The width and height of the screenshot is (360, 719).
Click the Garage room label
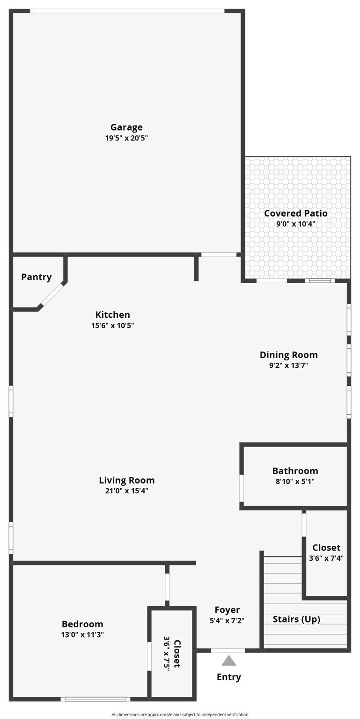126,127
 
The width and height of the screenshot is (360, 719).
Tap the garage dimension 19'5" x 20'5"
126,138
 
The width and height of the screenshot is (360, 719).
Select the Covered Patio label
295,213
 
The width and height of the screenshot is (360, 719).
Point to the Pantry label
37,277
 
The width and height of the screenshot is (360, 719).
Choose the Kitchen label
112,315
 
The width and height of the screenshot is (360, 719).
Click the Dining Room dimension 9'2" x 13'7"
288,366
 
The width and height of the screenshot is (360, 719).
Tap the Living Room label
126,480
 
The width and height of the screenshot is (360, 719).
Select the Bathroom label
295,470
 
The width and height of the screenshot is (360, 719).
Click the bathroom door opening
242,488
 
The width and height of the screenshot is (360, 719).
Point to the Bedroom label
82,624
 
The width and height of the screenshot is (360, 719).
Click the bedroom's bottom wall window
96,699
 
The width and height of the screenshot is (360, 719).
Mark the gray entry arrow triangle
228,661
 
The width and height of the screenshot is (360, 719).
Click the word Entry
228,676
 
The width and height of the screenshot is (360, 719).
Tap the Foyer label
227,609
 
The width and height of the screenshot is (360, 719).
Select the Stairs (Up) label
296,619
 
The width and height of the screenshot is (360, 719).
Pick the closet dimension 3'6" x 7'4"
326,558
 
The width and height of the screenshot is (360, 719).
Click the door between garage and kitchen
219,255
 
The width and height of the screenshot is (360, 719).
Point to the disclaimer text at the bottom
180,714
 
